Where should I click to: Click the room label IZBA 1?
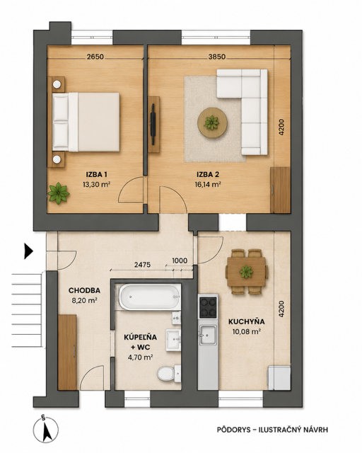tap(96, 175)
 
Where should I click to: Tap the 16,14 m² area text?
tap(208, 184)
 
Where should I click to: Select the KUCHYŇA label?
tap(247, 321)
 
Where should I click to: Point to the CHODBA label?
tap(84, 290)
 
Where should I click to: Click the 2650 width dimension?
tap(95, 57)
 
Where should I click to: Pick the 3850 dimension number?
tap(217, 57)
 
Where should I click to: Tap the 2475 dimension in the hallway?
tap(142, 265)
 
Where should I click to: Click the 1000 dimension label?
tap(180, 260)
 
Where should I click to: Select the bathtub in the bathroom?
tap(149, 297)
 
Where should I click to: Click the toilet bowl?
tap(167, 373)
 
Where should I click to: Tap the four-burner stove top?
tap(208, 307)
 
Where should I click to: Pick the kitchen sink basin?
tap(208, 335)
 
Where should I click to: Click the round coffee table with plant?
tap(212, 122)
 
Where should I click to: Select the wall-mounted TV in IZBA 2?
tap(153, 125)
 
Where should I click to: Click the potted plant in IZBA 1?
tap(59, 193)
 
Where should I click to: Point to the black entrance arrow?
tap(28, 251)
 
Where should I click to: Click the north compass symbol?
tap(46, 430)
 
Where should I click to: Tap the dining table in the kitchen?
tap(246, 272)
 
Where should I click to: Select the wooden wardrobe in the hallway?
tap(67, 352)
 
